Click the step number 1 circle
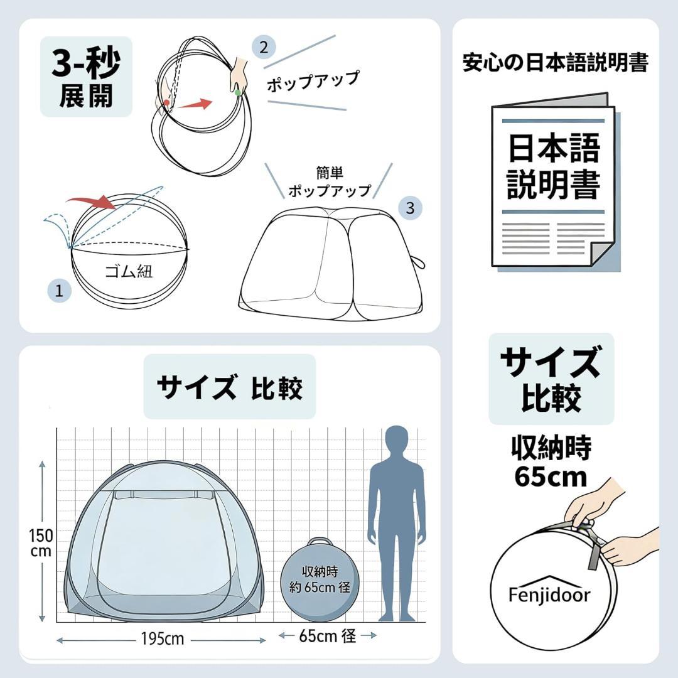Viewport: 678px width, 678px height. tap(59, 290)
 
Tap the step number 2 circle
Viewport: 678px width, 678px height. tap(264, 47)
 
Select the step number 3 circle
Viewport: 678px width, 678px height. tap(410, 208)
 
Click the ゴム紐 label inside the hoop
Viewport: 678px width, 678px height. tap(129, 271)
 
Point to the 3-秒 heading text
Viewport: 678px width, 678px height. tap(86, 63)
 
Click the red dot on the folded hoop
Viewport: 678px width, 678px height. tap(166, 103)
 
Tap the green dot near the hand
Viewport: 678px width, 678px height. tap(237, 92)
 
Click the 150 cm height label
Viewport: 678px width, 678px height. tap(41, 543)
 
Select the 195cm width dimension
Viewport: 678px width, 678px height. tap(163, 638)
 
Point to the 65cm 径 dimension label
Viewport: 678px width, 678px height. tap(327, 635)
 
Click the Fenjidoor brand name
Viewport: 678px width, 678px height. tap(549, 595)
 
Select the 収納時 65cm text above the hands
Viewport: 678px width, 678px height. tap(551, 462)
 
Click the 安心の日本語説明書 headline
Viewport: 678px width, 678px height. tap(556, 62)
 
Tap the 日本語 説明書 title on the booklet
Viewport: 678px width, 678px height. tap(554, 166)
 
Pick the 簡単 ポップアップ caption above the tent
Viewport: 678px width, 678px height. tap(330, 182)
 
